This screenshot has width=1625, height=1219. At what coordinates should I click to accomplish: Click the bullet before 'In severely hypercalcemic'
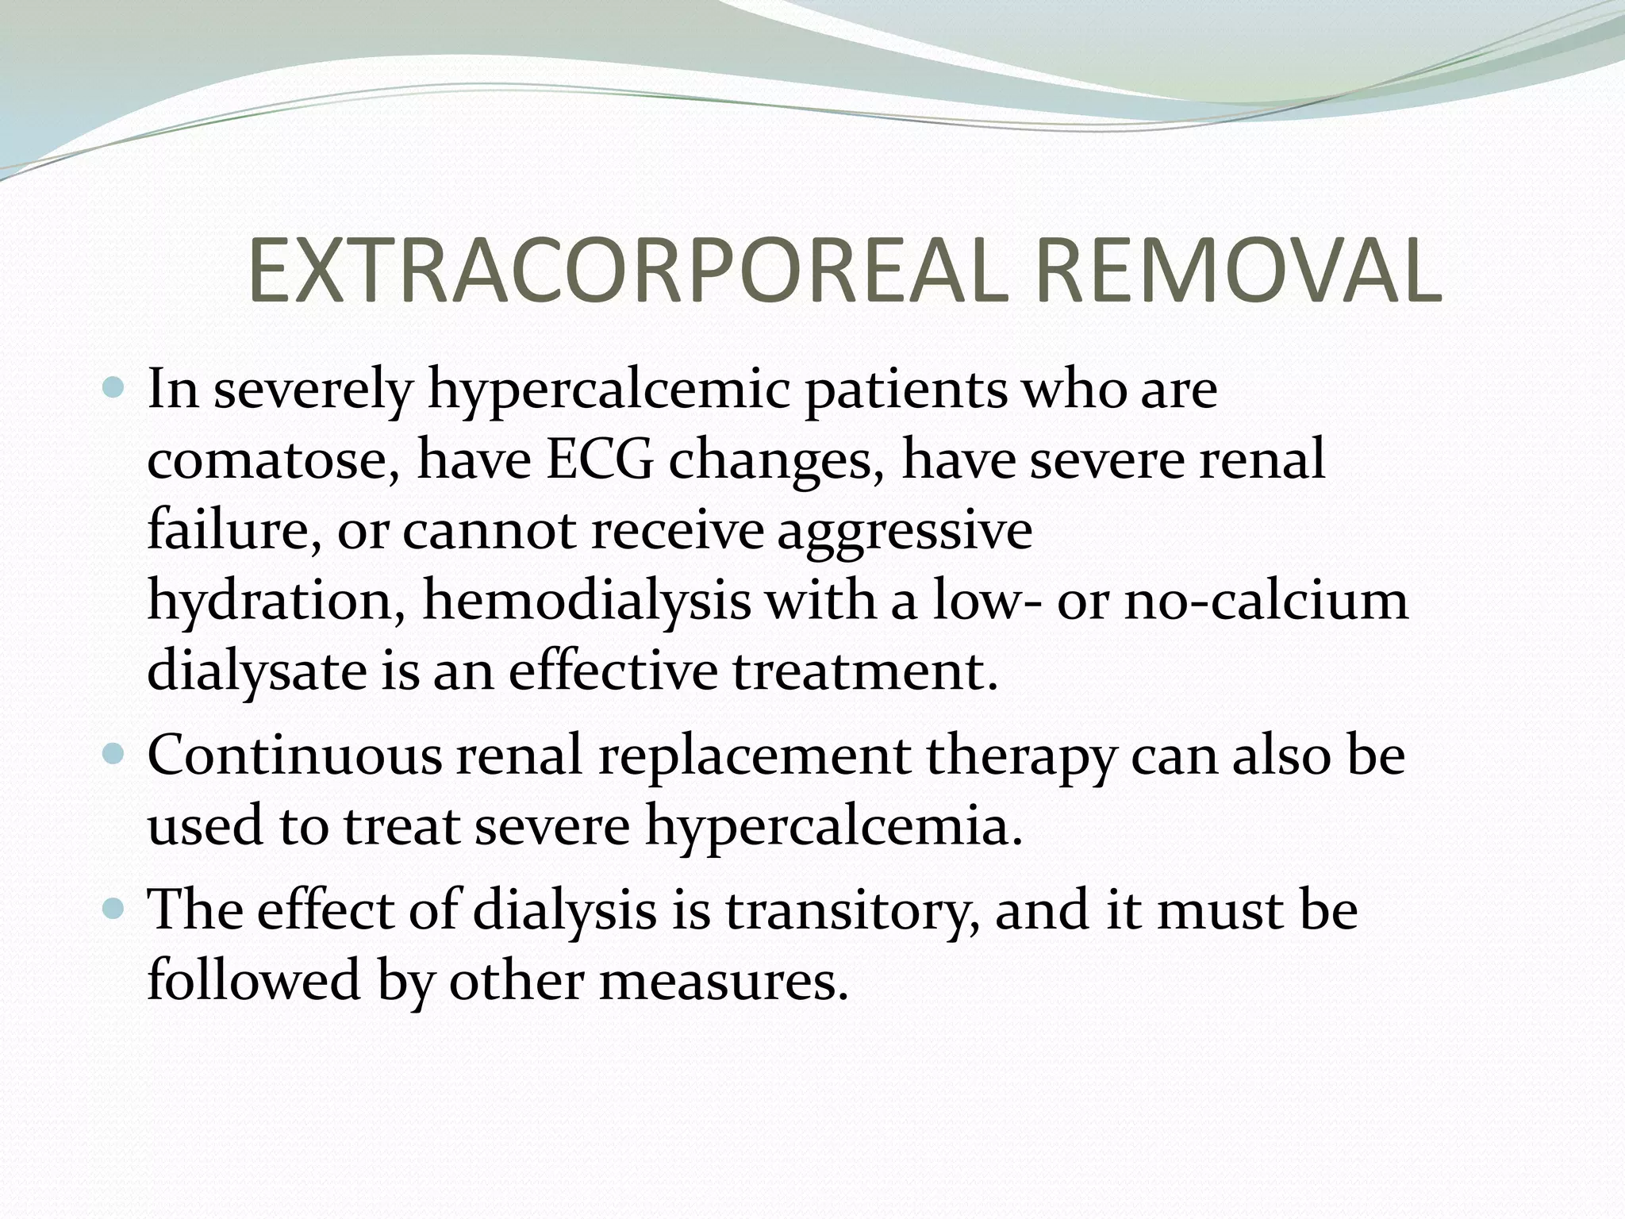point(115,388)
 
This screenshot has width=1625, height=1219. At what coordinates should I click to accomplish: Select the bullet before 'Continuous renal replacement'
point(115,753)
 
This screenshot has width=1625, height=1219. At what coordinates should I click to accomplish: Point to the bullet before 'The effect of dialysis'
point(115,907)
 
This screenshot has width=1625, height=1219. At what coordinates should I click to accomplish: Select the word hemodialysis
point(586,600)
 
